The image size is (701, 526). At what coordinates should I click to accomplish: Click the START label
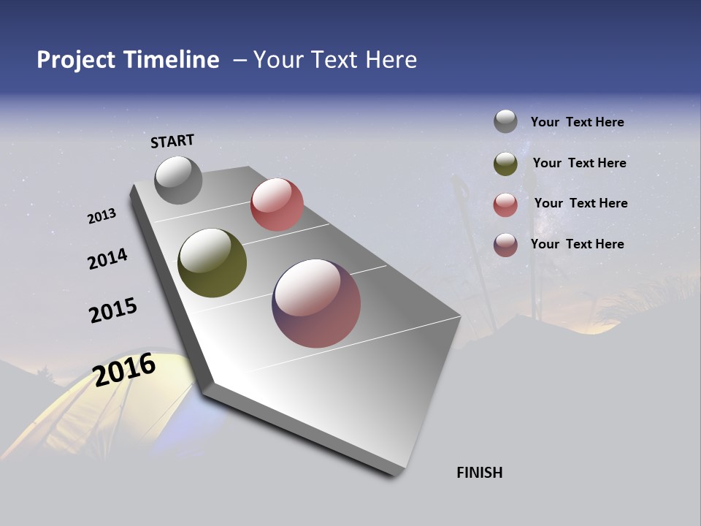coord(172,141)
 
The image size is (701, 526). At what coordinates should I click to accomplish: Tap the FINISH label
coord(480,473)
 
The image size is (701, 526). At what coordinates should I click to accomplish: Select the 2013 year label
coord(101,216)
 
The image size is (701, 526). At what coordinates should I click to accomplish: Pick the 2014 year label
coord(107,259)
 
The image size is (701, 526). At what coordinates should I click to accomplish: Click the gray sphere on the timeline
coord(178,180)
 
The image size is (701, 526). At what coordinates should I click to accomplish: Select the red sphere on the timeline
coord(277,205)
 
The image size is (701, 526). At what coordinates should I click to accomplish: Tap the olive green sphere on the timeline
coord(212,263)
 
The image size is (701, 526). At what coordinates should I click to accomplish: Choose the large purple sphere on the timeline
coord(316,303)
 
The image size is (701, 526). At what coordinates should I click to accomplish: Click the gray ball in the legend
coord(505,121)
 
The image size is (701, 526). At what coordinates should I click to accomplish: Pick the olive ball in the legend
coord(505,164)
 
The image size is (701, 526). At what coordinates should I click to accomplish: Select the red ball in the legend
coord(505,205)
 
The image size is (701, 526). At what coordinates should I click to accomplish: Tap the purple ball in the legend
coord(505,245)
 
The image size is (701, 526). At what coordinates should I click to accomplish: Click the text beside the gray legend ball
coord(577,122)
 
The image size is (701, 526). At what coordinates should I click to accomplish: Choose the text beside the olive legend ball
coord(579,163)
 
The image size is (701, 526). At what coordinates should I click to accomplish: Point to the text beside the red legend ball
coord(581,203)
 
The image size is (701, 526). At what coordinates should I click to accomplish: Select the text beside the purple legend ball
coord(577,244)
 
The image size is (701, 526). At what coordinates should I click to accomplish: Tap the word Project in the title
coord(75,60)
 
